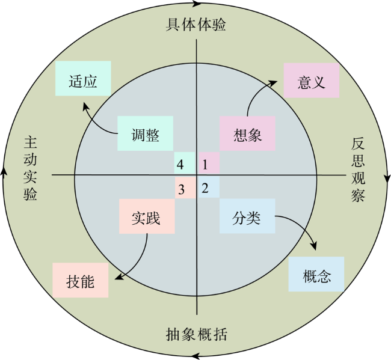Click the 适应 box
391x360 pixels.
pyautogui.click(x=83, y=78)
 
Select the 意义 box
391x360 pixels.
pyautogui.click(x=312, y=80)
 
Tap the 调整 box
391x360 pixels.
pyautogui.click(x=146, y=133)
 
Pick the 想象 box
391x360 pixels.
pyautogui.click(x=247, y=133)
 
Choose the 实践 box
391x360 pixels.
pyautogui.click(x=147, y=216)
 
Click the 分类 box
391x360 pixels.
pyautogui.click(x=247, y=216)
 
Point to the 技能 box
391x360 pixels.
pyautogui.click(x=81, y=280)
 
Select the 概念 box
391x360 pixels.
pyautogui.click(x=316, y=274)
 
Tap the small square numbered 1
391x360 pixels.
pyautogui.click(x=209, y=163)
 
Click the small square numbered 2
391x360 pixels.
pyautogui.click(x=209, y=187)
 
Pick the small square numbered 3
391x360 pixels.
pyautogui.click(x=185, y=188)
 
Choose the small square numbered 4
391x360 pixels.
pyautogui.click(x=185, y=163)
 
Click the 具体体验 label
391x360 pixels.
pyautogui.click(x=196, y=25)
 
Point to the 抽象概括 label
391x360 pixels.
pyautogui.click(x=197, y=334)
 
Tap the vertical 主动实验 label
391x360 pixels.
pyautogui.click(x=31, y=168)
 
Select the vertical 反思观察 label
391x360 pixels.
pyautogui.click(x=358, y=169)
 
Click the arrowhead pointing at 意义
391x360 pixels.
pyautogui.click(x=273, y=82)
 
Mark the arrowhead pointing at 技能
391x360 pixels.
pyautogui.click(x=119, y=276)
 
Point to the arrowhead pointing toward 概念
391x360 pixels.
pyautogui.click(x=314, y=246)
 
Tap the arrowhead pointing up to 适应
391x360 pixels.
pyautogui.click(x=85, y=106)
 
